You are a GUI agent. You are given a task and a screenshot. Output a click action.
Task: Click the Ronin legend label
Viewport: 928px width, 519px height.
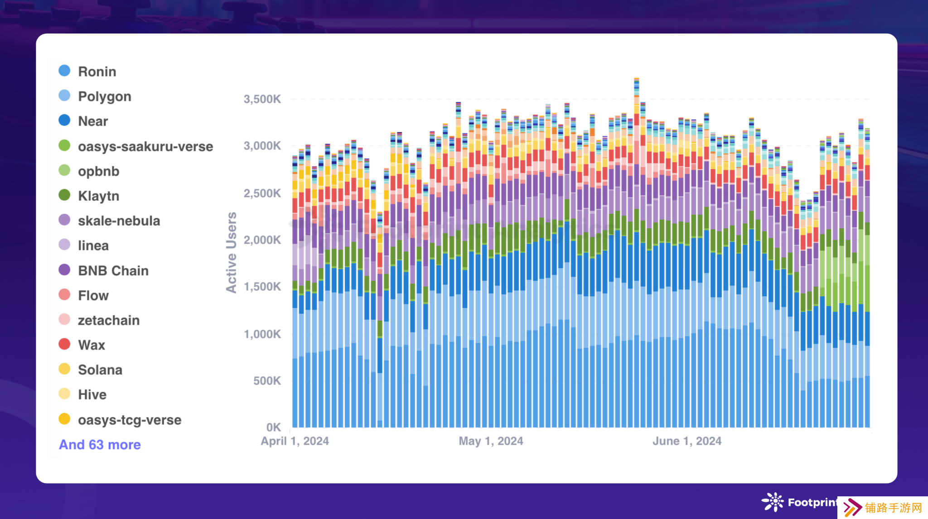point(97,72)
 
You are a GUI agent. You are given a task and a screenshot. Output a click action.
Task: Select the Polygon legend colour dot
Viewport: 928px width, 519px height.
point(64,96)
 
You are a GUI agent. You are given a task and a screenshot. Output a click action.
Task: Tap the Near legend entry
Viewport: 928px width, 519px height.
point(92,121)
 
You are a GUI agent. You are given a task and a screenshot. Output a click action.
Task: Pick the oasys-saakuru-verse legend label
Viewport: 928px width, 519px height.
point(145,147)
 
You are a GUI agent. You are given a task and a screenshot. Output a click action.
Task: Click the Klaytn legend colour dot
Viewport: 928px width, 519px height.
point(64,195)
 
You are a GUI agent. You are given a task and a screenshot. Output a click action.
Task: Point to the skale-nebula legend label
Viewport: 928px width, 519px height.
point(119,221)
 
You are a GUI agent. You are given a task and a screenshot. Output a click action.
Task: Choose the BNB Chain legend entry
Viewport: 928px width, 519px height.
point(113,271)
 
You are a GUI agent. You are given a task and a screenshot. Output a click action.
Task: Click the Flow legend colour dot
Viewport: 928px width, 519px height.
point(64,295)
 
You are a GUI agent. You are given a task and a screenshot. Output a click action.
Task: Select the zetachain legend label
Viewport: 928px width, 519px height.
point(109,321)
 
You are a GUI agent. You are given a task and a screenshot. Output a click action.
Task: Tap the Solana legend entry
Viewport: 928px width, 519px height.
point(100,370)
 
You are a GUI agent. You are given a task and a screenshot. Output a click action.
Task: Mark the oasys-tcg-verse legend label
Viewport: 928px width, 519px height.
point(130,420)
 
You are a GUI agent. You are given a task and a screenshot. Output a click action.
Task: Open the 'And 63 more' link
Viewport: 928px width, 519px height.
point(100,445)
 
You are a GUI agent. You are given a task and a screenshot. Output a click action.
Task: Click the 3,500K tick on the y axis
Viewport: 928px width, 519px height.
point(262,99)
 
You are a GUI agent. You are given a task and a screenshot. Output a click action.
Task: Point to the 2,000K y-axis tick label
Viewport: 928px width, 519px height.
point(262,240)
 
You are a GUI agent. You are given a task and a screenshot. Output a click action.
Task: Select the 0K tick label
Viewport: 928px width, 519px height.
point(273,427)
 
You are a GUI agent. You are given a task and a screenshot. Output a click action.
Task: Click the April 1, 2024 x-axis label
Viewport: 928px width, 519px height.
point(295,441)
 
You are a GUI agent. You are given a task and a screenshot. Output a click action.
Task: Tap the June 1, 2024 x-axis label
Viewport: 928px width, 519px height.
point(686,441)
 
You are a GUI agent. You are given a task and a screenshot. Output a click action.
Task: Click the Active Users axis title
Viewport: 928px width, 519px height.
point(232,253)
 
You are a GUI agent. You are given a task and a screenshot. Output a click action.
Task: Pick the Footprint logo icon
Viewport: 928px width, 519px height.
point(773,502)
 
